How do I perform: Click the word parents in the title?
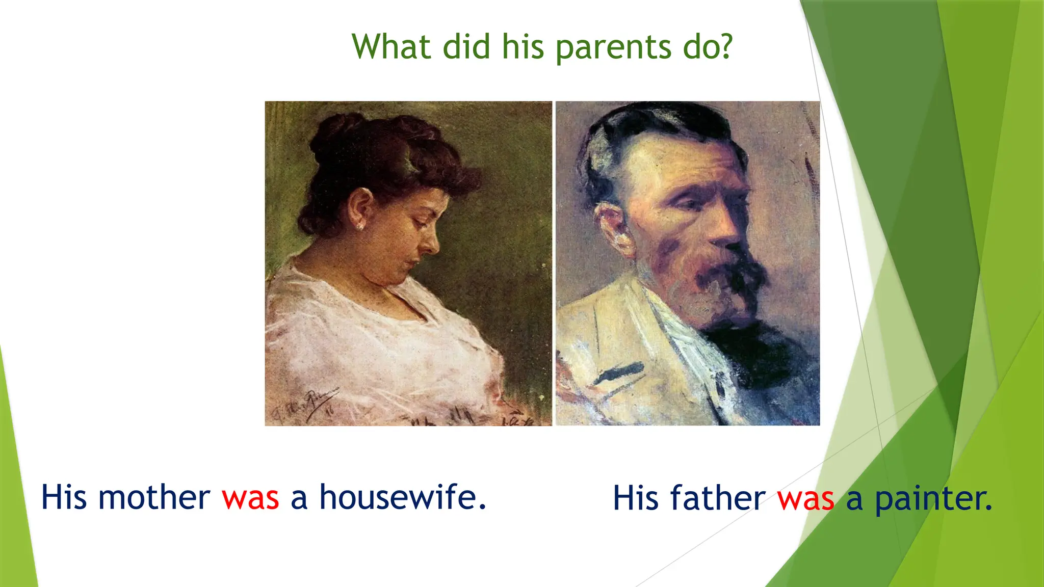pyautogui.click(x=613, y=47)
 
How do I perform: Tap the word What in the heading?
pyautogui.click(x=391, y=46)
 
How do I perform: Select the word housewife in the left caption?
pyautogui.click(x=402, y=497)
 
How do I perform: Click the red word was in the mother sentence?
pyautogui.click(x=250, y=498)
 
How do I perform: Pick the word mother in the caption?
pyautogui.click(x=154, y=497)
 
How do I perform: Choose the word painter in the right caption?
pyautogui.click(x=933, y=499)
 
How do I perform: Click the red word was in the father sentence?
pyautogui.click(x=806, y=499)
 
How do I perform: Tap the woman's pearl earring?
pyautogui.click(x=360, y=226)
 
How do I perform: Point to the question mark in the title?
pyautogui.click(x=724, y=46)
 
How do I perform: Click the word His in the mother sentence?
pyautogui.click(x=64, y=497)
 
